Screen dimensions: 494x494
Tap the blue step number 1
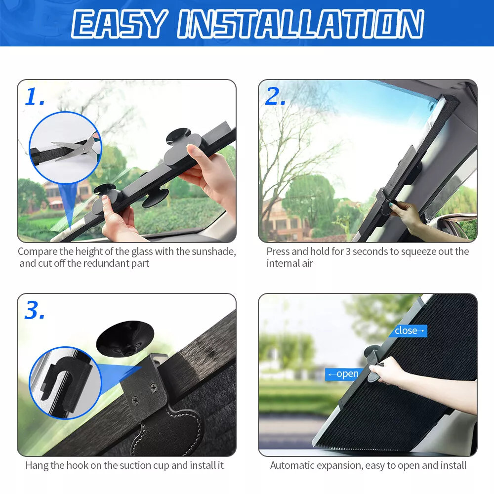click(35, 97)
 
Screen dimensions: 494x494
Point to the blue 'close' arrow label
click(408, 330)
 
